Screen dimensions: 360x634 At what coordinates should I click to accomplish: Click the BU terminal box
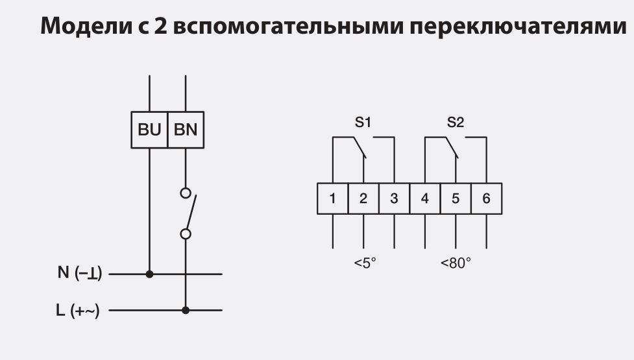[149, 130]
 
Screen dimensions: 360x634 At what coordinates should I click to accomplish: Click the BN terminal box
[186, 130]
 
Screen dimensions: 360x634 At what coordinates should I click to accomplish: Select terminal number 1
[333, 198]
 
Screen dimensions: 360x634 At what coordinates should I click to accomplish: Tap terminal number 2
[363, 198]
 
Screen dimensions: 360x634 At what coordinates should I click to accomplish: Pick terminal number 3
[394, 198]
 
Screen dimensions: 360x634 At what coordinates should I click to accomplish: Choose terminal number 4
[425, 198]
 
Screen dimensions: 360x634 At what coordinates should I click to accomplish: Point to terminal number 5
[456, 198]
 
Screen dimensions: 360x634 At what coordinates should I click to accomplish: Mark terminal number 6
[486, 198]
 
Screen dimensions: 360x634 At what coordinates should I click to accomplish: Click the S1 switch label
[363, 122]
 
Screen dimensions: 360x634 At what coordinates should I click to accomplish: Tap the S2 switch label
[456, 122]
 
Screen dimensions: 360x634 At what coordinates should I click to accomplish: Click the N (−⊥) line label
[80, 273]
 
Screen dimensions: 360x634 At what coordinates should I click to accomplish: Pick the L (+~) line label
[78, 310]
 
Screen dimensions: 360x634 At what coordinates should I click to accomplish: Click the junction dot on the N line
[150, 274]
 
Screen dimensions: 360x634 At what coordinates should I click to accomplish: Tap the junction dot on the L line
[186, 310]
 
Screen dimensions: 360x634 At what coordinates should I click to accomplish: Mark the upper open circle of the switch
[186, 193]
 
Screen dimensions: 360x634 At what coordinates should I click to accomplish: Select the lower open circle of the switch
[186, 234]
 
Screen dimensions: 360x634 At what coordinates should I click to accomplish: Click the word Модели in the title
[79, 27]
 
